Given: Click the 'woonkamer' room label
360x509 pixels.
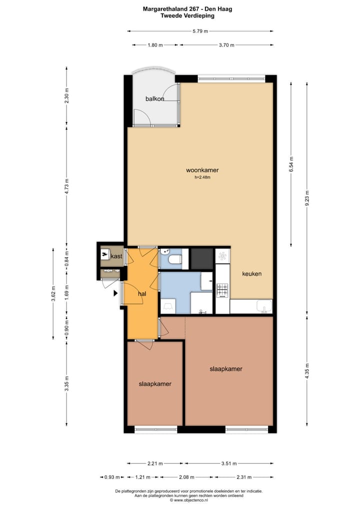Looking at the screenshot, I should pos(202,170).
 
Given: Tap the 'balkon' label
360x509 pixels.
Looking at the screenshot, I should pos(154,99).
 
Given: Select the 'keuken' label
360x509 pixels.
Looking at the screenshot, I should pos(251,274).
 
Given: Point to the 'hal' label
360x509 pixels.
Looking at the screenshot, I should pos(142,294).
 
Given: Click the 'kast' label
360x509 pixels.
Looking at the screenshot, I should pos(116,256).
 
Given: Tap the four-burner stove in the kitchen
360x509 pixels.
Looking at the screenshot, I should pos(221,290).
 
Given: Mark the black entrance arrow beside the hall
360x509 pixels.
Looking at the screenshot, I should pos(116,293).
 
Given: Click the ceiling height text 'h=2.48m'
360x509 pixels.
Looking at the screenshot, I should pos(202,177).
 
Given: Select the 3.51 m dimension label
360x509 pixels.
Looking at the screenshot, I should pos(228,463).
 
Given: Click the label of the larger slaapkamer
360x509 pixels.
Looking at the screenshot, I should pos(226,369).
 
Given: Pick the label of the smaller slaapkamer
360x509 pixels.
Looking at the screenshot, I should pos(155,384).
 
